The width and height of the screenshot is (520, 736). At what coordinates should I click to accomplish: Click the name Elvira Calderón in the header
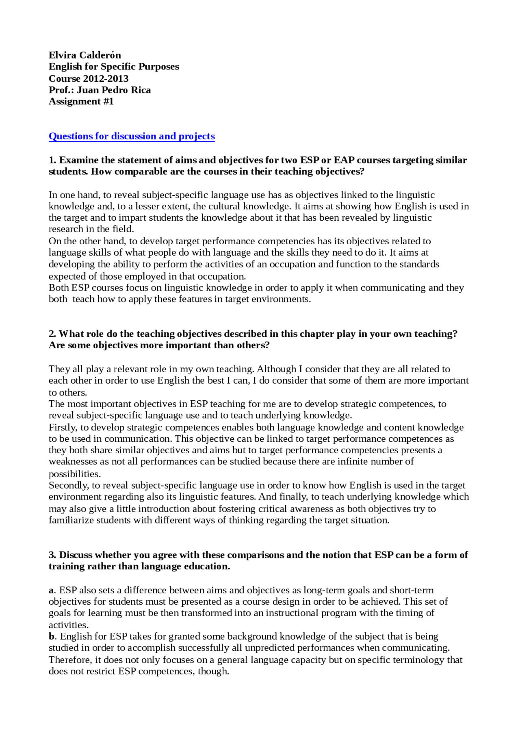84,55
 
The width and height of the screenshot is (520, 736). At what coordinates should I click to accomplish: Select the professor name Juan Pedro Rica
114,90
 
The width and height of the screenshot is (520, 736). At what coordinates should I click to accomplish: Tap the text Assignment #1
81,101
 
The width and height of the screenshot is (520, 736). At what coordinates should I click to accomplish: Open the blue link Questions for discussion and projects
132,136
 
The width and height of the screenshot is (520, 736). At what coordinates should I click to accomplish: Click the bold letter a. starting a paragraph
51,590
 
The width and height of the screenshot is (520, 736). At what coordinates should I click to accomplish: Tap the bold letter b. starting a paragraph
52,636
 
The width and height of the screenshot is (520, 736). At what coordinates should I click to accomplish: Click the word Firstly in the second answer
62,428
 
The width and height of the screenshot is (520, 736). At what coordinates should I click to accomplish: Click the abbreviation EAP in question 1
344,160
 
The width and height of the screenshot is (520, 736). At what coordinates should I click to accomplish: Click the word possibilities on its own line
74,474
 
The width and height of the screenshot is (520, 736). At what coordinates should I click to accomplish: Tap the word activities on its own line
68,625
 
